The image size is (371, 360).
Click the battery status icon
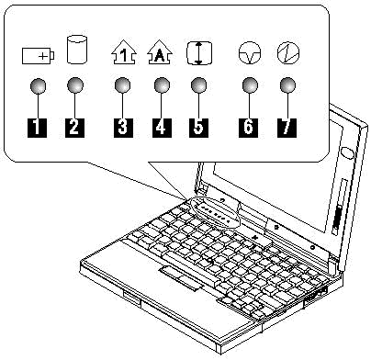(x=39, y=56)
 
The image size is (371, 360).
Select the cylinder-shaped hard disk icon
(x=77, y=50)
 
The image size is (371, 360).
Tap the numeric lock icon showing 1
(x=123, y=52)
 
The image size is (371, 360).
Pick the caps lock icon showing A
(x=160, y=52)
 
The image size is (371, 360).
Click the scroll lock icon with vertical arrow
(x=199, y=53)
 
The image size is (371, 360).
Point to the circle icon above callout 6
(x=250, y=53)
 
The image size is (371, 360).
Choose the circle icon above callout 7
(x=288, y=53)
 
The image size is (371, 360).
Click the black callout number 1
(x=37, y=128)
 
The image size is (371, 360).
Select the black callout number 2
(x=74, y=128)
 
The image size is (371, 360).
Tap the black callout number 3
(x=123, y=128)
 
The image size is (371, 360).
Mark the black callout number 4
(x=162, y=128)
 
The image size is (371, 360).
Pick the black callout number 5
(x=198, y=128)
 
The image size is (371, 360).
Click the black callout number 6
(x=249, y=128)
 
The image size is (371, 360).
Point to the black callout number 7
(x=287, y=128)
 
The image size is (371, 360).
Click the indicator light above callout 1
(x=38, y=85)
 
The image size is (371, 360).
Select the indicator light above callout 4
(x=162, y=85)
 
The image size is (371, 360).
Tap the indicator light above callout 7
(x=287, y=85)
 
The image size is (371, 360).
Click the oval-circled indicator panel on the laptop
(x=215, y=212)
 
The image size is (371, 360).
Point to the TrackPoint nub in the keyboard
(x=209, y=261)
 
